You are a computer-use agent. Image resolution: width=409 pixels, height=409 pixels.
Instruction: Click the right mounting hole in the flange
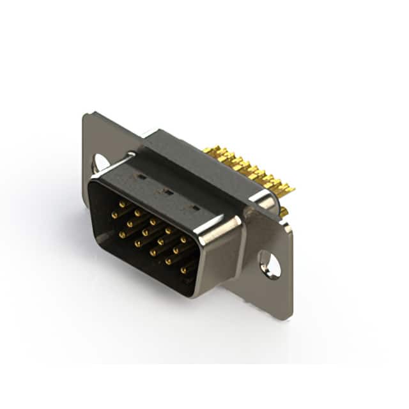(269, 264)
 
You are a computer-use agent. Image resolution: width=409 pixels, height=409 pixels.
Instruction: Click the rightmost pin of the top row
(183, 240)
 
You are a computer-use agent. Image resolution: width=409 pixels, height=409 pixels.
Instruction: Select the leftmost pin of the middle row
(115, 215)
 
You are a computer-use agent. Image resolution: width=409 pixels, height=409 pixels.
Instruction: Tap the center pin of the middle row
(146, 233)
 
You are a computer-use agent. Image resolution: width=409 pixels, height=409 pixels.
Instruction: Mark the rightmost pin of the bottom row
(183, 270)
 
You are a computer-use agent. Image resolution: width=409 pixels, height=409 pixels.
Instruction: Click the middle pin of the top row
(153, 222)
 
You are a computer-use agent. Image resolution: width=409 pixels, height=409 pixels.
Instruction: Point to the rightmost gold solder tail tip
(291, 189)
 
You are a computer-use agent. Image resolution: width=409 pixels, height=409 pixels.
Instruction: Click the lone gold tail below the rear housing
(283, 212)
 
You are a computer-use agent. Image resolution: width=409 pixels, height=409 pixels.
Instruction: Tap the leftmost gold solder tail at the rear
(208, 151)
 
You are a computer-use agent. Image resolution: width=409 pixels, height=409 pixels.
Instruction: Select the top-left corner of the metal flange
(86, 115)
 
